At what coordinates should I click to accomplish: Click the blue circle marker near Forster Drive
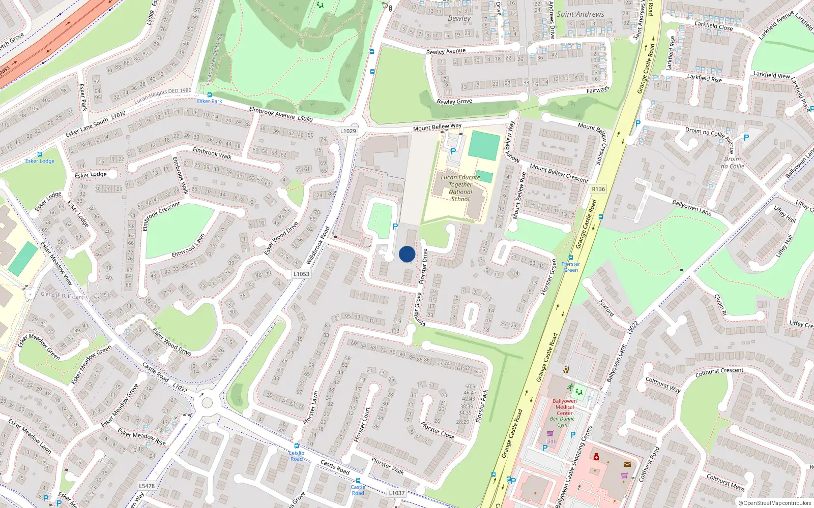pos(407,254)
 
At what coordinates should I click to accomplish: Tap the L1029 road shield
pos(348,131)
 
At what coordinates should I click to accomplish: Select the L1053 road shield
pos(301,274)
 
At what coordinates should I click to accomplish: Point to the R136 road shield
pos(598,189)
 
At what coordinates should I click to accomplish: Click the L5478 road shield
pos(147,486)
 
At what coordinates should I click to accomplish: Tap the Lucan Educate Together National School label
pos(460,188)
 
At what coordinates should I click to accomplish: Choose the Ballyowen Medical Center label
pos(565,407)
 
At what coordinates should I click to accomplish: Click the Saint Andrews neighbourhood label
pos(580,14)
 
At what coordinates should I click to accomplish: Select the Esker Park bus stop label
pos(210,101)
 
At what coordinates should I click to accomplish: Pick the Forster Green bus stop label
pos(570,267)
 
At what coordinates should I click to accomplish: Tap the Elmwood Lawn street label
pos(188,245)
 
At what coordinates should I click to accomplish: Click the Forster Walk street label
pos(388,466)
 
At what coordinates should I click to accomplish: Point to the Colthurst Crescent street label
pos(719,372)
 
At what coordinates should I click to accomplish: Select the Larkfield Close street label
pos(714,25)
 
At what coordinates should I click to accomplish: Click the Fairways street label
pos(597,90)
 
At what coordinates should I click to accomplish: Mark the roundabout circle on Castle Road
pos(207,403)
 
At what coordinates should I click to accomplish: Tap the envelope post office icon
pos(627,464)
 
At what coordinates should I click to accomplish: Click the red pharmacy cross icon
pos(596,457)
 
